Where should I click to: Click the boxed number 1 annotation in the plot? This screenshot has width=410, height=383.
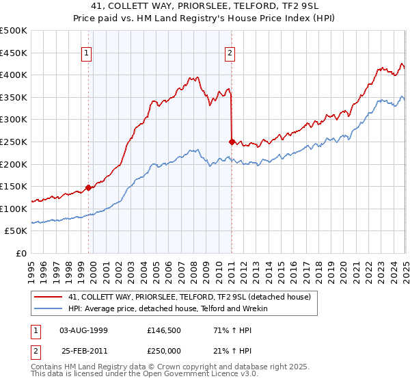coord(88,53)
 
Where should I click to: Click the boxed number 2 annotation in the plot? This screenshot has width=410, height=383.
coord(230,53)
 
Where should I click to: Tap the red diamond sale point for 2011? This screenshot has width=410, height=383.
coord(232,142)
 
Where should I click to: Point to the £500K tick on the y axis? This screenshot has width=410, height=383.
coord(14,31)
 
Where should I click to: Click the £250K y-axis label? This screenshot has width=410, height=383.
coord(14,142)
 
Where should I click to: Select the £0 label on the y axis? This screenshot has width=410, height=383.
coord(22,253)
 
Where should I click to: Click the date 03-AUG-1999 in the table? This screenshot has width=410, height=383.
coord(83,330)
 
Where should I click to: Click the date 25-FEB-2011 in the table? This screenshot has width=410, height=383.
coord(83,351)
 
